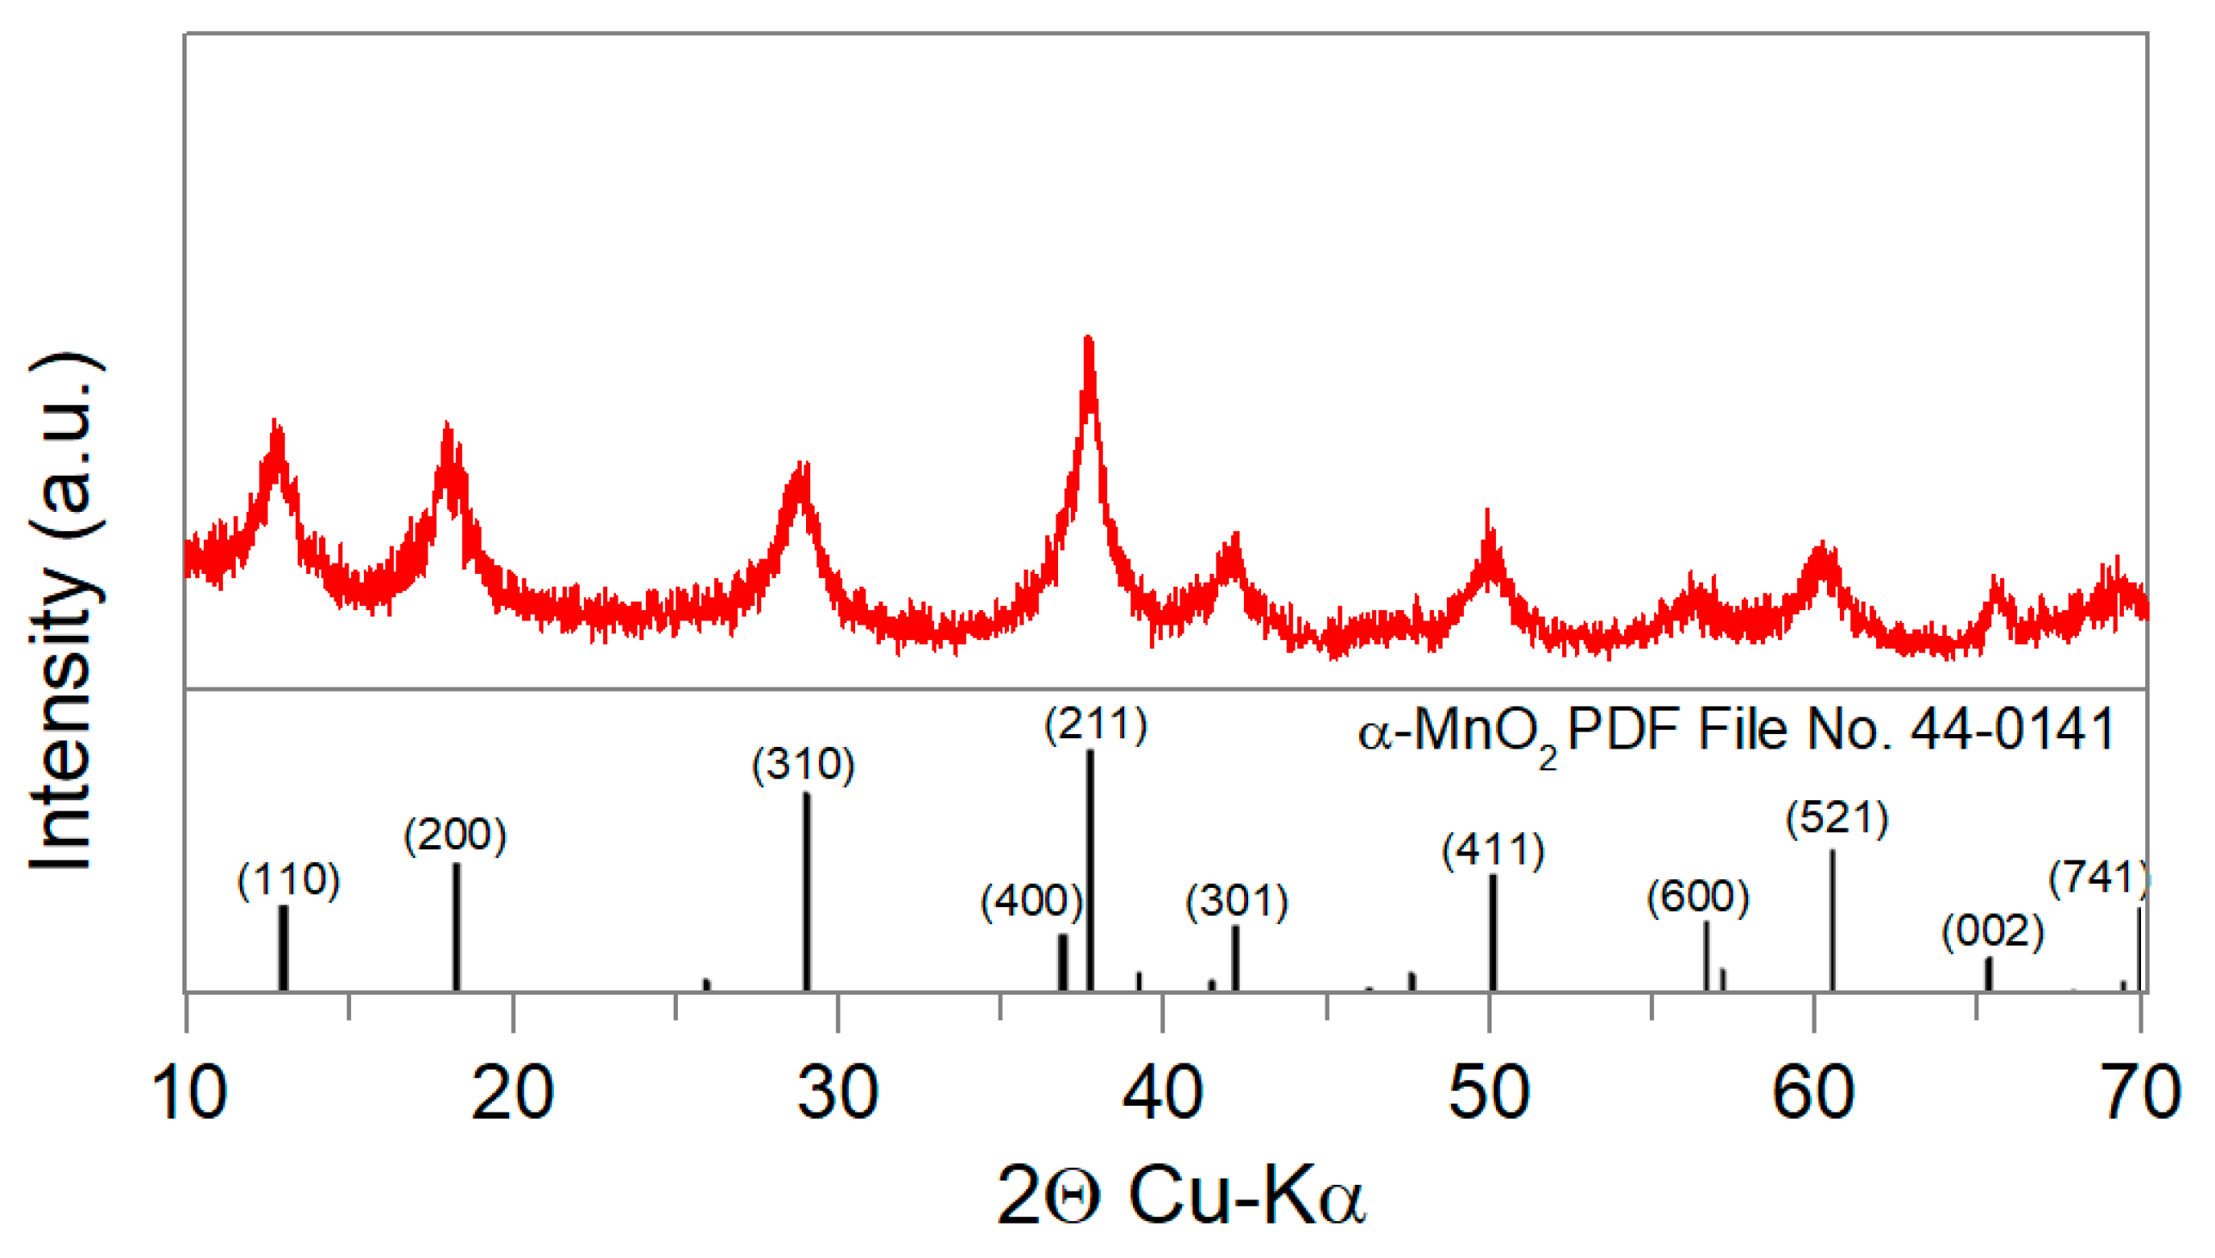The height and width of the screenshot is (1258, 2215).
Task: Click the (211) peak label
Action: pyautogui.click(x=1096, y=724)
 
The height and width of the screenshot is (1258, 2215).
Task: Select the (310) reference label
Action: pyautogui.click(x=803, y=765)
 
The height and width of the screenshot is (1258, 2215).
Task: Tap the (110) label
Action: pyautogui.click(x=288, y=880)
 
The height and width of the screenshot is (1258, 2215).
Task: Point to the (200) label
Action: pyautogui.click(x=455, y=835)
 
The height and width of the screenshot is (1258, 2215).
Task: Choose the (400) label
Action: pyautogui.click(x=1031, y=901)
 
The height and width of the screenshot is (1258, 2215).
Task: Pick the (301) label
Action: pyautogui.click(x=1237, y=902)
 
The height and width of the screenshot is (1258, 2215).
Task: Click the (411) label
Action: pyautogui.click(x=1493, y=850)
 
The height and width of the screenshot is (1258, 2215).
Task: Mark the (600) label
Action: pyautogui.click(x=1698, y=896)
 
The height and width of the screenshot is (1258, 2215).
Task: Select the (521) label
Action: pyautogui.click(x=1837, y=817)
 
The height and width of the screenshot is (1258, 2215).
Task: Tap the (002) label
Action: pyautogui.click(x=1992, y=931)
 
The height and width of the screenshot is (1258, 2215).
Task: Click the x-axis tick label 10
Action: pyautogui.click(x=188, y=1093)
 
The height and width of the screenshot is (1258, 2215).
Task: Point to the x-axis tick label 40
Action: pyautogui.click(x=1162, y=1093)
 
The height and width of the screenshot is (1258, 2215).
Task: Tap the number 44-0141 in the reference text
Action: pyautogui.click(x=2011, y=731)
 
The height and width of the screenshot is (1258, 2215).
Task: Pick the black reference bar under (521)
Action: pyautogui.click(x=1831, y=920)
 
